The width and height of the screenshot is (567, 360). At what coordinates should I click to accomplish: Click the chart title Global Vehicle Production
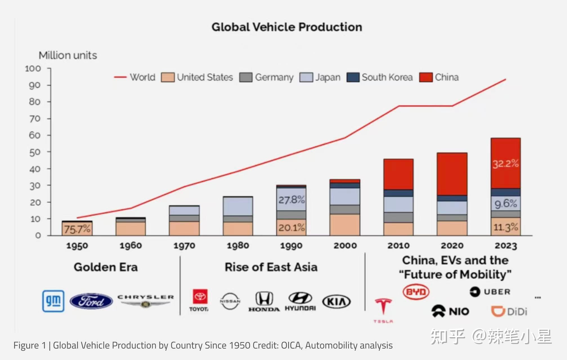[x=287, y=27]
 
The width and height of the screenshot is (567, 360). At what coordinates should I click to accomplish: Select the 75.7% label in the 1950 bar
[x=77, y=229]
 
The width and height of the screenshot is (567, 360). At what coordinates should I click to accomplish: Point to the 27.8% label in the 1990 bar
[x=292, y=200]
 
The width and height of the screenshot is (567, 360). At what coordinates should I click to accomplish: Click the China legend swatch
[x=426, y=77]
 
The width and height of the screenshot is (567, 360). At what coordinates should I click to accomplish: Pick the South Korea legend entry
[x=380, y=77]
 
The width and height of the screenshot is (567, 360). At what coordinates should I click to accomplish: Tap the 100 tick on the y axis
[x=33, y=69]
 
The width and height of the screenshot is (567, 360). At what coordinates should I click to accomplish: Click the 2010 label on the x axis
[x=398, y=246]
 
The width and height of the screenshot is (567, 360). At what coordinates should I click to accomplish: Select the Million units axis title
[x=68, y=55]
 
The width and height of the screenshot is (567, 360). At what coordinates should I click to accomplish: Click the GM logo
[x=53, y=301]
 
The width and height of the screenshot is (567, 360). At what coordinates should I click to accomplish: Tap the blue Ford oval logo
[x=91, y=301]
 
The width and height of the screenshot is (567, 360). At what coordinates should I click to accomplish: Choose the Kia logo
[x=336, y=302]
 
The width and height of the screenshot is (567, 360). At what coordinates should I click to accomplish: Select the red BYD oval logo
[x=416, y=292]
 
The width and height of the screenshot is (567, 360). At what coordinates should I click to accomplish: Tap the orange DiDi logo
[x=509, y=312]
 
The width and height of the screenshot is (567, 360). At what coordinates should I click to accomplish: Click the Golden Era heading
[x=106, y=267]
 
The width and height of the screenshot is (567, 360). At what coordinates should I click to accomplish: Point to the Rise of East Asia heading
[x=271, y=267]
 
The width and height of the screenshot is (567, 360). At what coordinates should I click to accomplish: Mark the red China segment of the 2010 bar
[x=398, y=174]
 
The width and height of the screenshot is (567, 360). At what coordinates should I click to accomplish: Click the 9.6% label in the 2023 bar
[x=506, y=203]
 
